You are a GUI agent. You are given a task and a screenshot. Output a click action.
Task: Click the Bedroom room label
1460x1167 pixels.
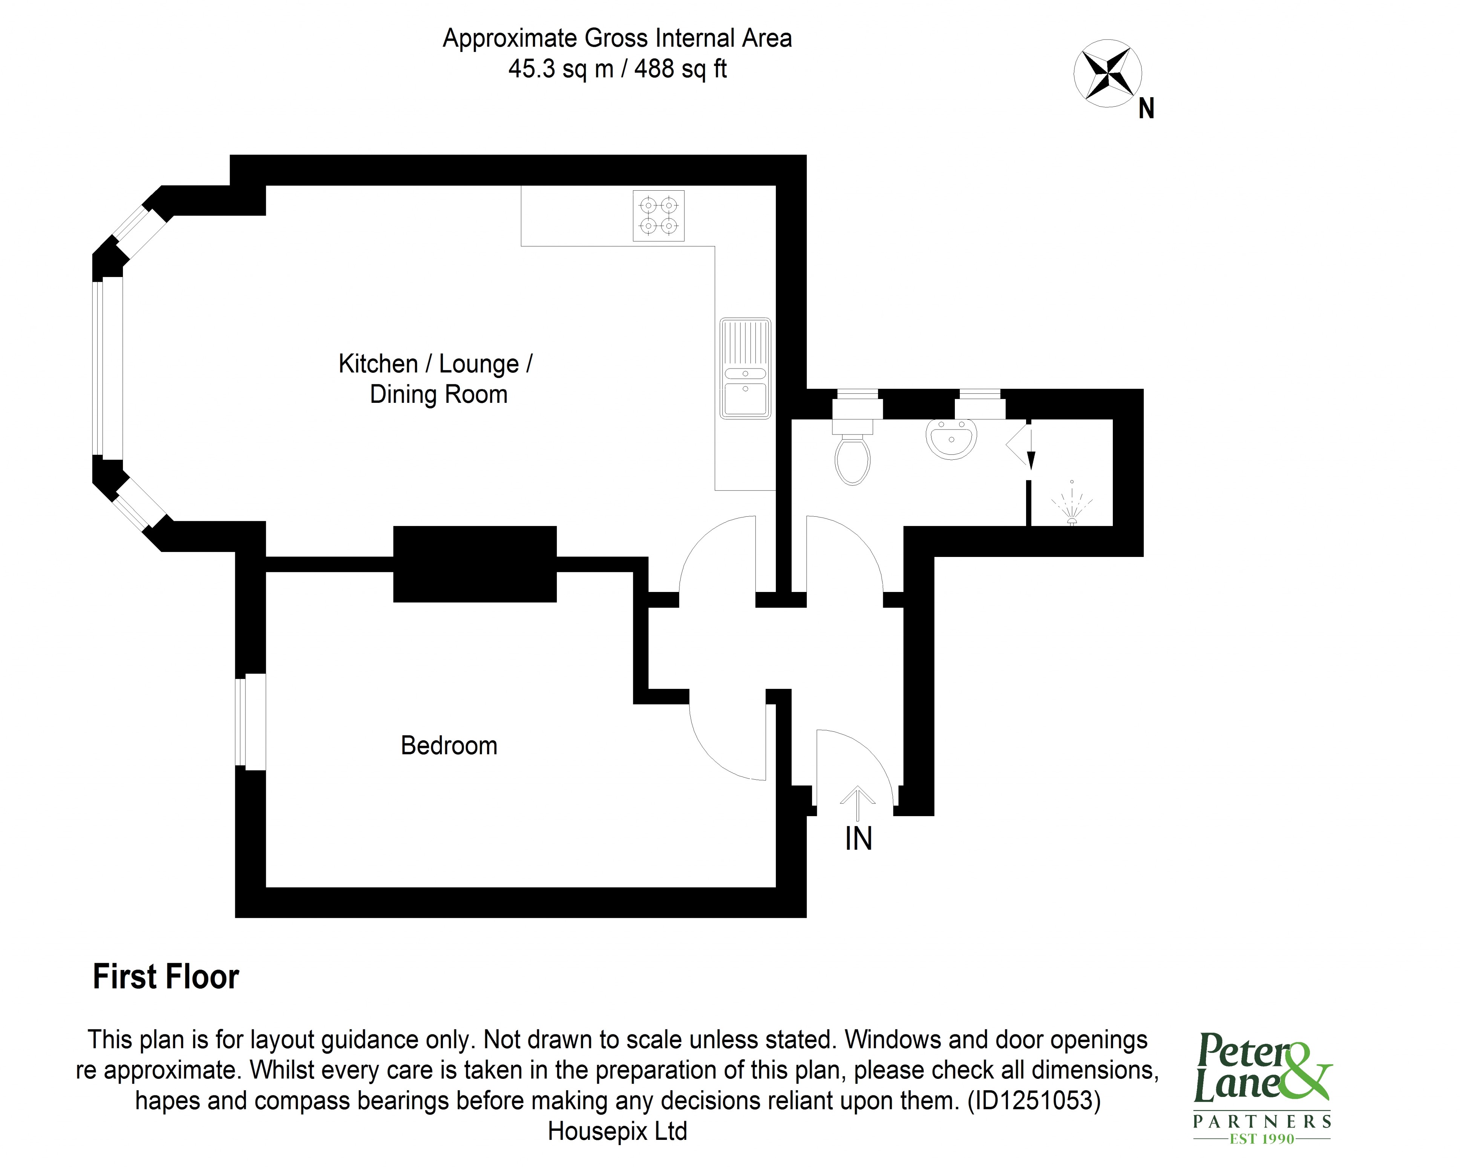449,745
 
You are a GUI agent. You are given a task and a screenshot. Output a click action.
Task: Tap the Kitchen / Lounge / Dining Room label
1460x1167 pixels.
436,379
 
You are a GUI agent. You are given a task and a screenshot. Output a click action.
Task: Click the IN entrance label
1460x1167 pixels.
858,839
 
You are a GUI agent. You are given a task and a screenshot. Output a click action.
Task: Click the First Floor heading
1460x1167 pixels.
166,977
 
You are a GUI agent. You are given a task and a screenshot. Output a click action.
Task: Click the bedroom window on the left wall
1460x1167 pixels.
251,722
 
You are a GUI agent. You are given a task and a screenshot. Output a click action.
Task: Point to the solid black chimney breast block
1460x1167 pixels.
475,564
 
